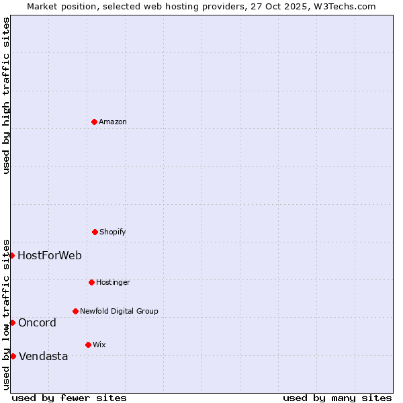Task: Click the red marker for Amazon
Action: (94, 122)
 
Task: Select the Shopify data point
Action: (95, 232)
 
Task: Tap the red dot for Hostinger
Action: (91, 282)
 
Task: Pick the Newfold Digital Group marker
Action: (75, 311)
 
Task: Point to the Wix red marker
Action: (88, 345)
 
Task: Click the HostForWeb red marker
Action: (11, 255)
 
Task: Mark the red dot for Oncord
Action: (12, 322)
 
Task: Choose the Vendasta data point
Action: (13, 356)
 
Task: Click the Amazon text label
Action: (113, 122)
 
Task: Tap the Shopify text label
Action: (113, 232)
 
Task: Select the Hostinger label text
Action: (113, 282)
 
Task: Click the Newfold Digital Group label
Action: (119, 311)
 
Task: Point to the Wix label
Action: (99, 345)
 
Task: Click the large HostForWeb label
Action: (50, 255)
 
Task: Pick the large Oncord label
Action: (37, 322)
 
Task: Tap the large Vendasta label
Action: (43, 356)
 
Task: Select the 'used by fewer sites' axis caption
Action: (69, 398)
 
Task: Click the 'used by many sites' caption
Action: (337, 398)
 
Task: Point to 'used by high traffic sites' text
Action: (6, 95)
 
